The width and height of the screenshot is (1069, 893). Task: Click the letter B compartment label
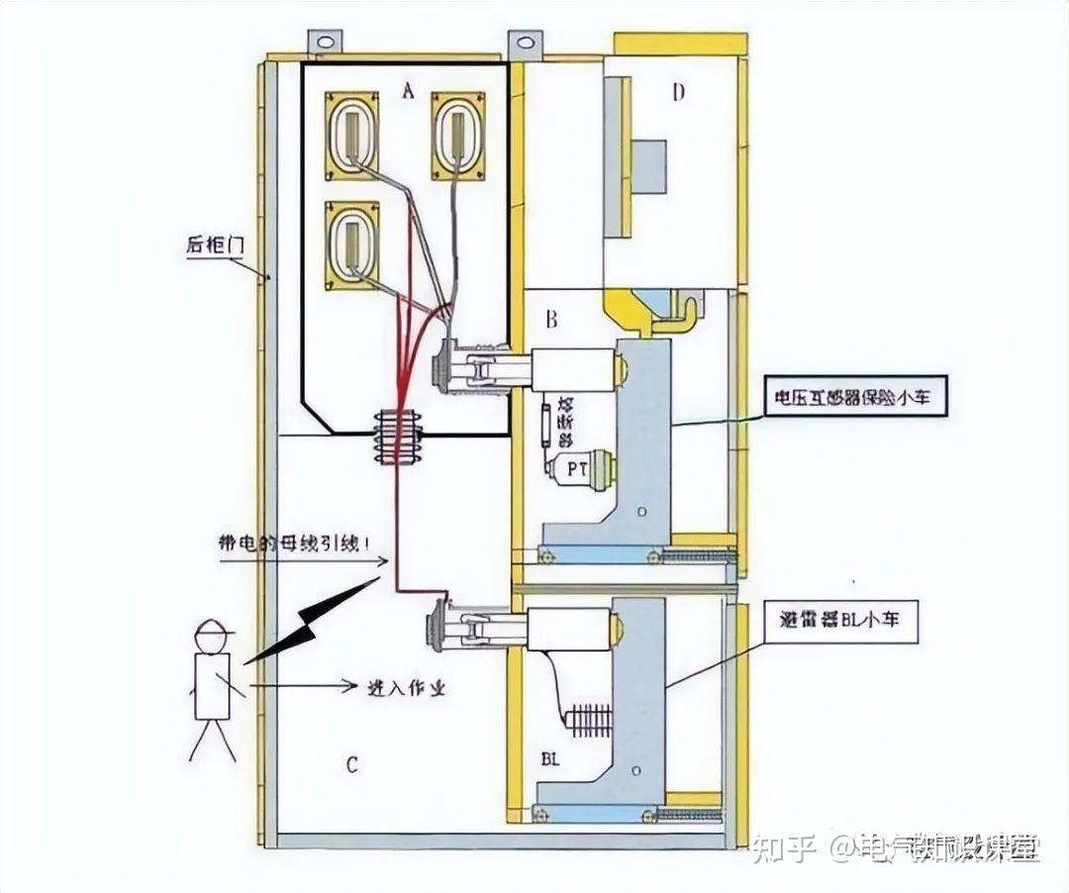tap(551, 319)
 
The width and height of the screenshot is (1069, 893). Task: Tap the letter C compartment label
tap(351, 764)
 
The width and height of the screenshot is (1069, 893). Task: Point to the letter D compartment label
tap(678, 93)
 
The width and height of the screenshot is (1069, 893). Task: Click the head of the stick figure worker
tap(212, 635)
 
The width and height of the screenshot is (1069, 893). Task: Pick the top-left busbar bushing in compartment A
tap(352, 136)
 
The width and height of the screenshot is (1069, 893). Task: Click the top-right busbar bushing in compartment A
tap(458, 136)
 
